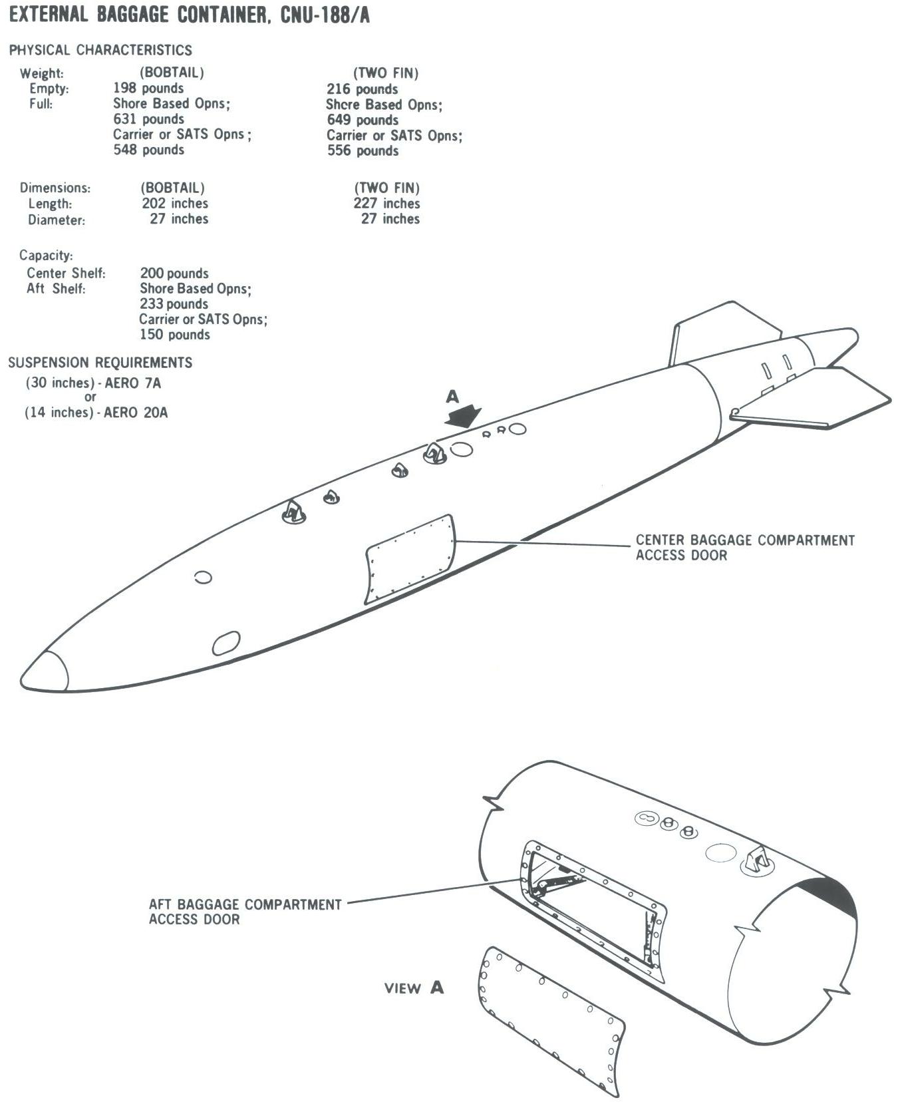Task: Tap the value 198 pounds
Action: point(148,89)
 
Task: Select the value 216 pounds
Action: point(362,89)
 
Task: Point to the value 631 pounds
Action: point(148,119)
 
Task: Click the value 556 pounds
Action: point(363,151)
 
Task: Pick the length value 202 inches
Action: point(175,204)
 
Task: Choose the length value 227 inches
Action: point(386,204)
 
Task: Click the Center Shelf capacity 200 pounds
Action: point(174,274)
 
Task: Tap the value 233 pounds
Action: point(174,304)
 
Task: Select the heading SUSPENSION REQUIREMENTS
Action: point(100,363)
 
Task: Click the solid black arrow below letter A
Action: point(464,417)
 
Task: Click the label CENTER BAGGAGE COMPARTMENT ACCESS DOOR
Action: point(745,548)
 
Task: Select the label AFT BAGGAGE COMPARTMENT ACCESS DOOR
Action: point(245,912)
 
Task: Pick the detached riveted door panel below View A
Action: point(551,1021)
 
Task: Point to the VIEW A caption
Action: point(414,988)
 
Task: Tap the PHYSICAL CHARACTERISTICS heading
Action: point(100,50)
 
